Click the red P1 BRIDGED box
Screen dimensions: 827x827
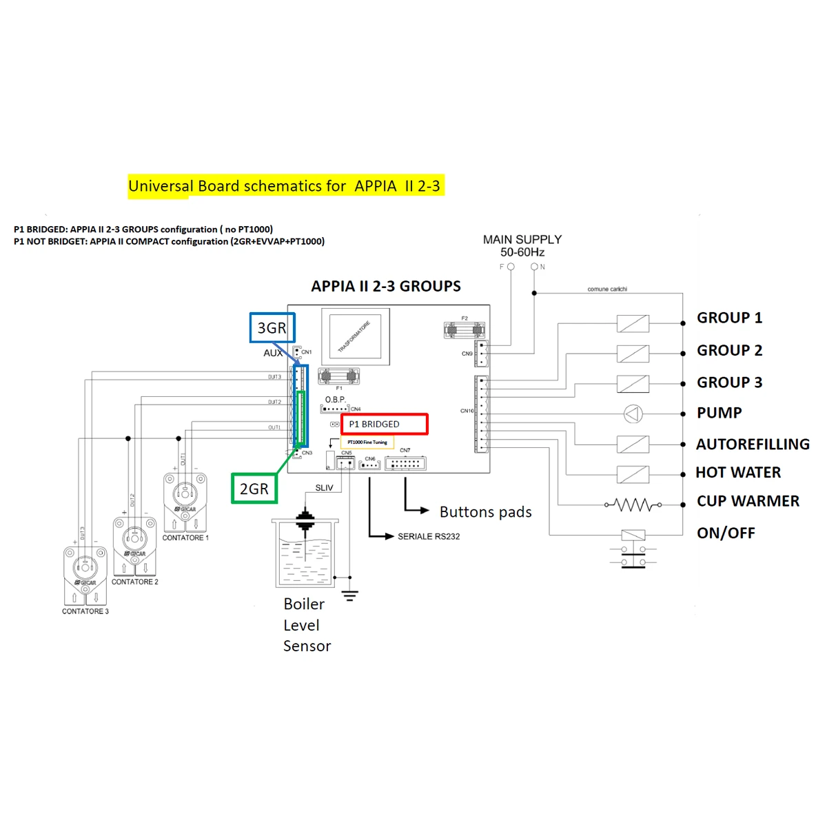tap(385, 424)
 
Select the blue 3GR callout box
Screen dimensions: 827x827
tap(272, 328)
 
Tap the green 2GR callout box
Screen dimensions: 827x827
tap(254, 489)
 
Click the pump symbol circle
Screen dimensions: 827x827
tap(633, 413)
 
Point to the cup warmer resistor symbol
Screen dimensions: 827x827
tap(633, 505)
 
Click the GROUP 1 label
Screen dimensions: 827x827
tap(729, 318)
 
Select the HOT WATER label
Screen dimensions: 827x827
tap(738, 473)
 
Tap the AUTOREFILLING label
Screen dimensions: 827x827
tap(753, 445)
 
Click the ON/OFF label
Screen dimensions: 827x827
tap(726, 533)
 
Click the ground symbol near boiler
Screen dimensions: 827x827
tap(350, 595)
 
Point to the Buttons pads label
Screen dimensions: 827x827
tap(485, 512)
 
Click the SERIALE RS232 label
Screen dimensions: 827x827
tap(428, 536)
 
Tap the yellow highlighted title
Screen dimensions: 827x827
tap(285, 186)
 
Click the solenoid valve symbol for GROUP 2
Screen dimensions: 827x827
tap(633, 354)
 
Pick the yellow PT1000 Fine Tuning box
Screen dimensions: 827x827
tap(367, 442)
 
